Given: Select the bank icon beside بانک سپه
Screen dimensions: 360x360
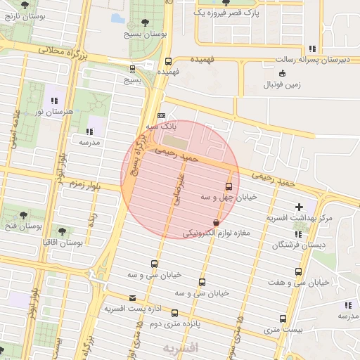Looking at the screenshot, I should tap(162, 115).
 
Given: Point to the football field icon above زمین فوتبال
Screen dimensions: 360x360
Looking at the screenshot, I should tap(282, 73).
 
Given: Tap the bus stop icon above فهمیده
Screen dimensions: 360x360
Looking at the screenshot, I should tap(168, 61).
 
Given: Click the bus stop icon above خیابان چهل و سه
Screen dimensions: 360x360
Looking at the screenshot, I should tap(229, 186).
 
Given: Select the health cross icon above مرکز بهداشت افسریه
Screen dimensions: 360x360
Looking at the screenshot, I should tap(301, 207).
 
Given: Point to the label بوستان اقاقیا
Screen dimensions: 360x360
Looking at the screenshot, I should tap(62, 243).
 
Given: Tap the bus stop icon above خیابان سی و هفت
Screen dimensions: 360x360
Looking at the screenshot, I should tap(300, 271).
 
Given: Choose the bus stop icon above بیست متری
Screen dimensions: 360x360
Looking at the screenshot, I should tap(283, 318).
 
